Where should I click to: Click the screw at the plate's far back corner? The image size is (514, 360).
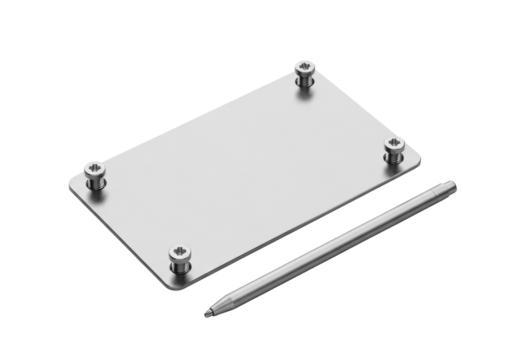(x=304, y=73)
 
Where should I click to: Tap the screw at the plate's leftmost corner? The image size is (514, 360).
(x=95, y=175)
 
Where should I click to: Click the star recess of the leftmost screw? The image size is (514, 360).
(x=95, y=168)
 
